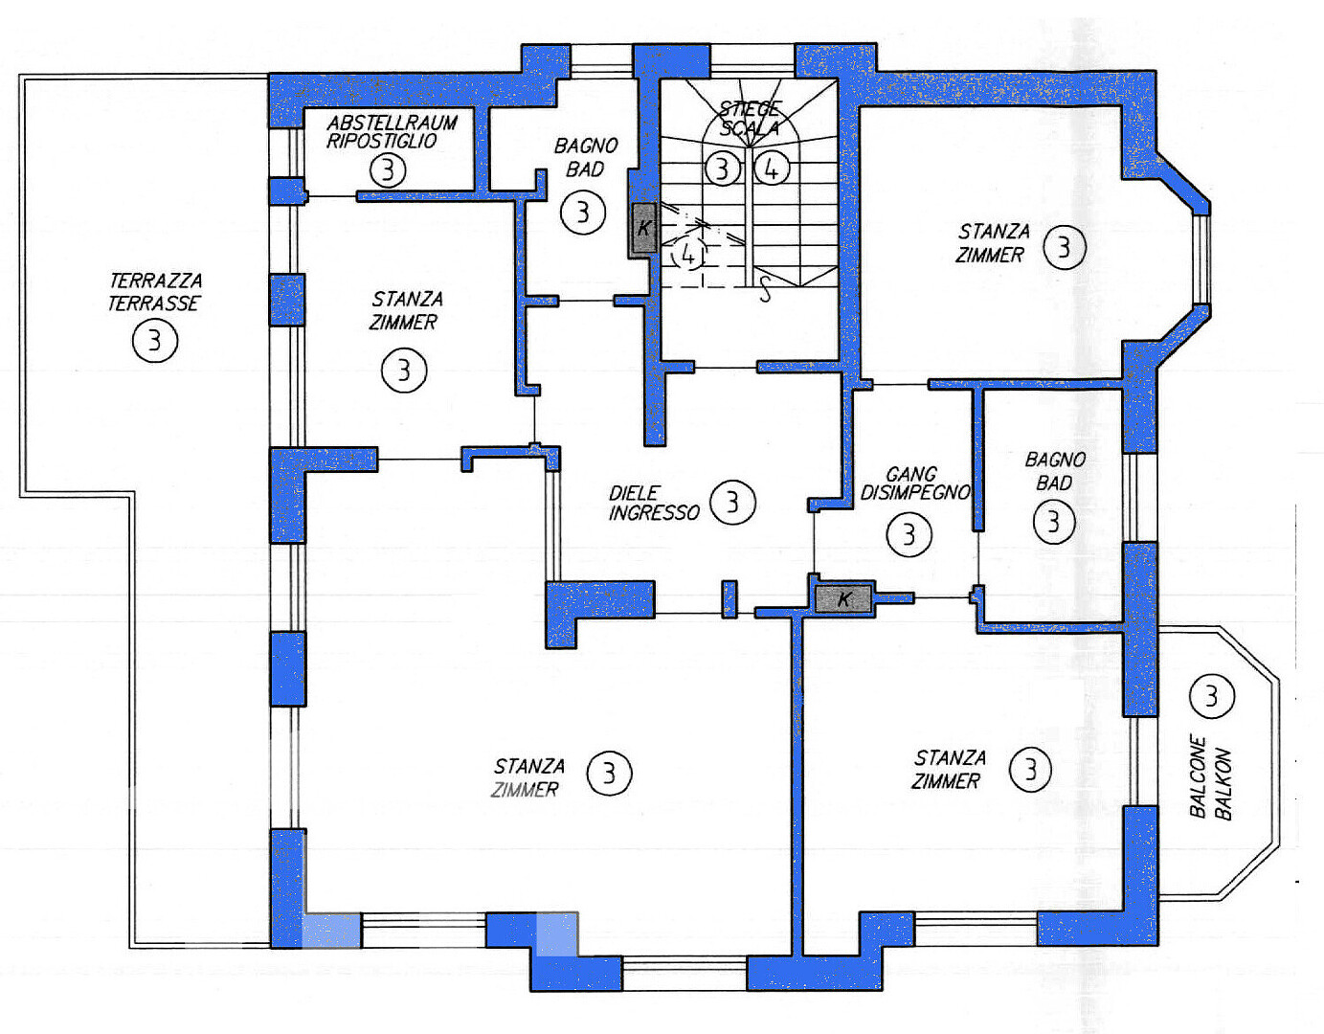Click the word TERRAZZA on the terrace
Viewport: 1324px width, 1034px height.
(x=156, y=281)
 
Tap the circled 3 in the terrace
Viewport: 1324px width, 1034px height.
(x=155, y=340)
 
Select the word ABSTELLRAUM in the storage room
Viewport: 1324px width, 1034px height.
(x=392, y=123)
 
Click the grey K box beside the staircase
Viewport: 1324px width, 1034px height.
(x=643, y=229)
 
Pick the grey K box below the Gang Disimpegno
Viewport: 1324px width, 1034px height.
(x=843, y=599)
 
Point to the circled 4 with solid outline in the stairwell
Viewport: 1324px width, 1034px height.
(x=771, y=169)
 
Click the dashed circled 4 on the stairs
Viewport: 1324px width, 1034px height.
(x=688, y=256)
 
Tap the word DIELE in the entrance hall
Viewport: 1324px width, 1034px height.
(x=634, y=492)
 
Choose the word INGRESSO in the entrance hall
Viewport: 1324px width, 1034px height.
(x=654, y=513)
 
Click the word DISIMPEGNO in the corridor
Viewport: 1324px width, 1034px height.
(x=914, y=492)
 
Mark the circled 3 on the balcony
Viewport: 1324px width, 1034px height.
(x=1211, y=696)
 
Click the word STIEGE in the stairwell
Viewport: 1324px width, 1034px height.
(x=750, y=109)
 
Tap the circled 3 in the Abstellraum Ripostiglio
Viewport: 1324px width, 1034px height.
(x=388, y=170)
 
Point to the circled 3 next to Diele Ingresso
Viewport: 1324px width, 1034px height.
(x=733, y=502)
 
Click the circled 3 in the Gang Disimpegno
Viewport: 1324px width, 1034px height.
(x=909, y=534)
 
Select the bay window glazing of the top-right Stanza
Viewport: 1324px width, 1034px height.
(x=1201, y=258)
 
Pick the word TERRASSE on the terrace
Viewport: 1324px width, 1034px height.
(x=153, y=303)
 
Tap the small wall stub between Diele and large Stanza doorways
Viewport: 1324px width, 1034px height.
(x=729, y=599)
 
